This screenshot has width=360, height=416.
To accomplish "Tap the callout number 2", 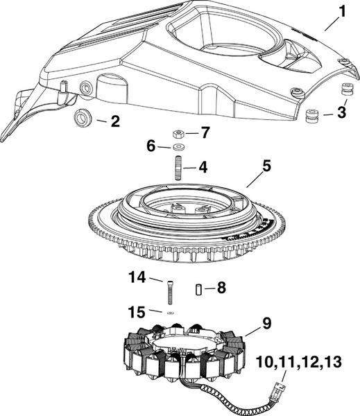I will [114, 122].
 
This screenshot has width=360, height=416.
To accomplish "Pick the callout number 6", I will [151, 146].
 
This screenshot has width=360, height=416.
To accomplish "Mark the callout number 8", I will [221, 286].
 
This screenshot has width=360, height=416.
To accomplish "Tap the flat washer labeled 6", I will [179, 147].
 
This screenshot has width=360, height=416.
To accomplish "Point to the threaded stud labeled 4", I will [179, 168].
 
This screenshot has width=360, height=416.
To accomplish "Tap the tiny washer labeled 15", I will [171, 312].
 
